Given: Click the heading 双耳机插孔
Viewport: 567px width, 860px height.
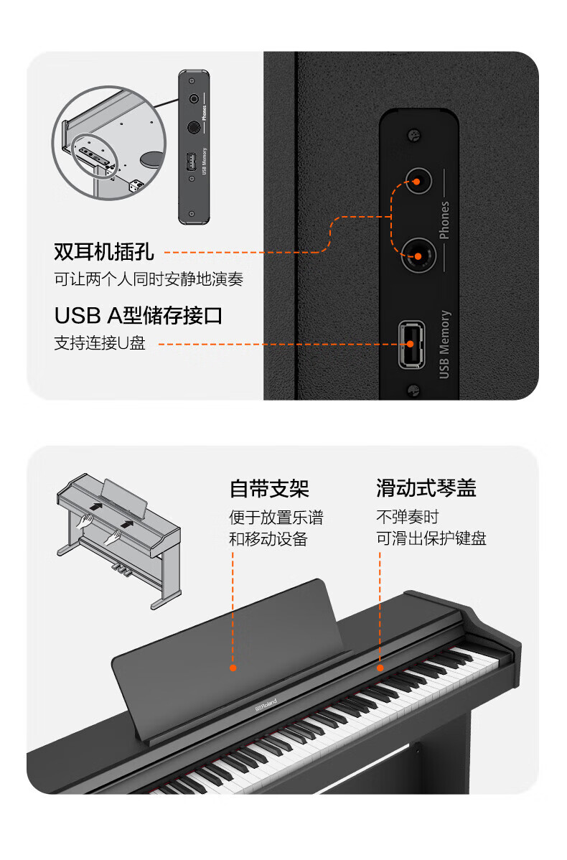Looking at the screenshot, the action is point(103,252).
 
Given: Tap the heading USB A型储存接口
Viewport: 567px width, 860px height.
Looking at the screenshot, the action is point(139,315).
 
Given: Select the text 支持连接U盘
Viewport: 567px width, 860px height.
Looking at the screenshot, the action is point(99,343).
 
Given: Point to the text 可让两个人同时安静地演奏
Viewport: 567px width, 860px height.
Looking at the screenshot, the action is point(148,279).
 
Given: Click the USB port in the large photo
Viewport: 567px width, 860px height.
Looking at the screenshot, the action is point(411,345).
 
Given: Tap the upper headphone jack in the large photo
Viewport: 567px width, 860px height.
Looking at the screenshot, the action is point(418,181).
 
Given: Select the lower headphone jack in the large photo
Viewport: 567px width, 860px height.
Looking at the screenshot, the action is point(418,256).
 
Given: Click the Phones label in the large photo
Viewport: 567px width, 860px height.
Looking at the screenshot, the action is point(444,220).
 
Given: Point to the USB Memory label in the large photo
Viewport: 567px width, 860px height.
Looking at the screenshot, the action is point(444,345).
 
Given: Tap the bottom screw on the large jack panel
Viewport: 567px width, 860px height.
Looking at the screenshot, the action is point(414,391).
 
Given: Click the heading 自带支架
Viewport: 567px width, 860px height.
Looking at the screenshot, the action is point(269,488).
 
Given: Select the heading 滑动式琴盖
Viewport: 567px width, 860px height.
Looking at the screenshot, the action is point(426,487).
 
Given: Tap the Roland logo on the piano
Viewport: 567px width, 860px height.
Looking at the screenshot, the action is point(266,705).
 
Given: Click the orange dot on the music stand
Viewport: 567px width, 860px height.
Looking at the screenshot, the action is point(233,668).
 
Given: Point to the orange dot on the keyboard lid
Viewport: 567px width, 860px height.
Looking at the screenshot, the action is point(380,668).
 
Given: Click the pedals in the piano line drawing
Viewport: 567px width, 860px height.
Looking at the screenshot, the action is point(122,569).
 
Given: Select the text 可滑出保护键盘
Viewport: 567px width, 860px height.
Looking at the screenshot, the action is point(431,538).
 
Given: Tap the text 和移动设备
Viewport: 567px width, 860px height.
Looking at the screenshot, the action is point(268,539).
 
